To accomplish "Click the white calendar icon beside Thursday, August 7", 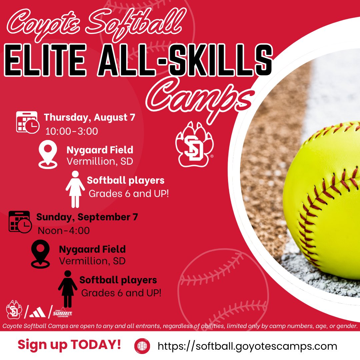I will (x=27, y=122).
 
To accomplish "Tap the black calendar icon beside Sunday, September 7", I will (x=19, y=221).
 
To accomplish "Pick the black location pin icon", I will (x=40, y=254).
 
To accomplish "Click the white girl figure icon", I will (x=75, y=189).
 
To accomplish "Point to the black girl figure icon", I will (x=68, y=288).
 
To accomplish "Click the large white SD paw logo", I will (x=194, y=144).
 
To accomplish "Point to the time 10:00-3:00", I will (x=72, y=131).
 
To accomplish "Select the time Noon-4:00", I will (x=64, y=230).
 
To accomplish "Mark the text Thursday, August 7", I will (x=89, y=117).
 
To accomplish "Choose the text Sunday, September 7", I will (x=87, y=217).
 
